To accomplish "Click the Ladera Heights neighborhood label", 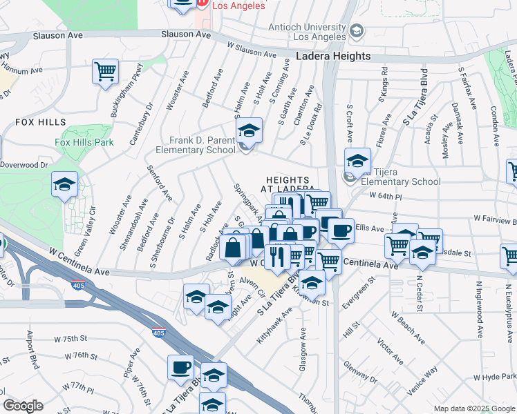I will click(x=333, y=57).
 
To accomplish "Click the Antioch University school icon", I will click(x=356, y=30).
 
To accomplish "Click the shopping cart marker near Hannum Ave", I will click(x=105, y=70).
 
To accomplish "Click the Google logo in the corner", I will click(x=23, y=406).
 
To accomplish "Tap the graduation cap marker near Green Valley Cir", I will click(x=64, y=184).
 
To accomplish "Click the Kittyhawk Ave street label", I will click(x=276, y=336).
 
